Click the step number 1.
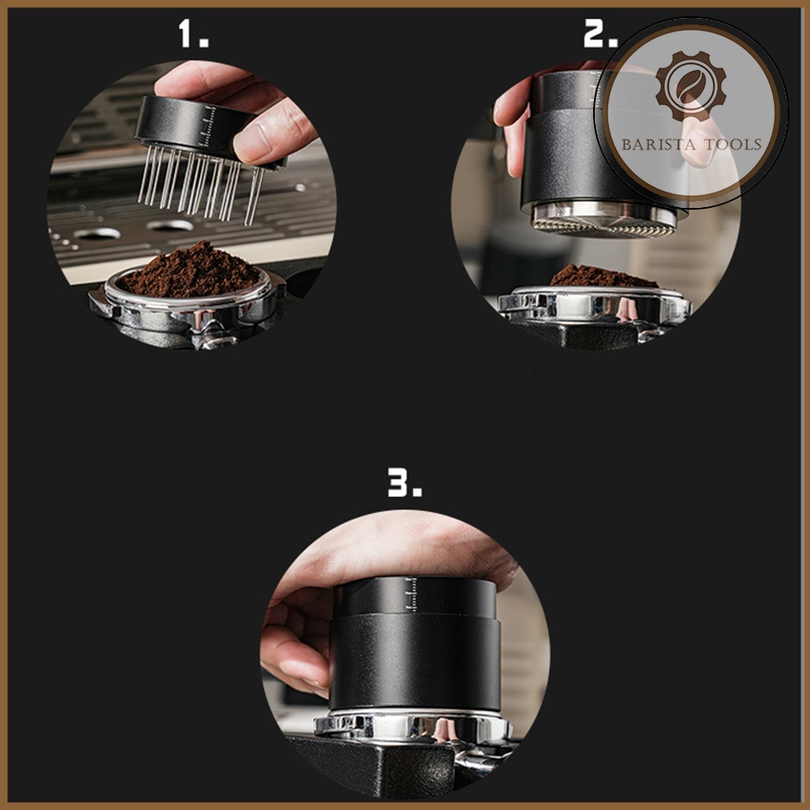point(193,33)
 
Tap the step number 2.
point(600,33)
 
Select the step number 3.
point(404,482)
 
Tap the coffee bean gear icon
point(690,85)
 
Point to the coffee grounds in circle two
point(602,276)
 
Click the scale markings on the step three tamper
point(411,594)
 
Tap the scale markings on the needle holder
point(209,125)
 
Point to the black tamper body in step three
point(415,644)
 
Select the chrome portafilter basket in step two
point(595,306)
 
